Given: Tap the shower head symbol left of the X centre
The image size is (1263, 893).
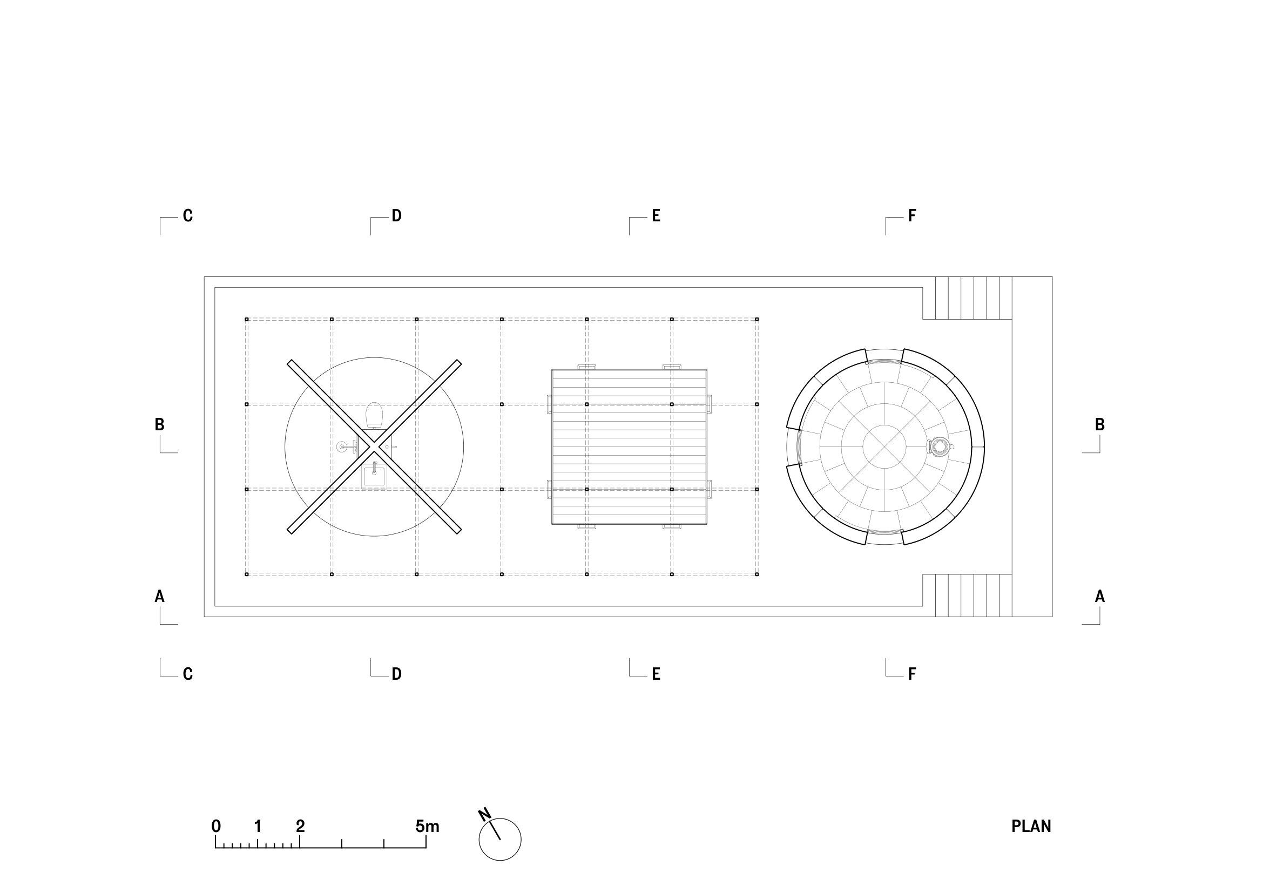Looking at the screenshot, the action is tap(343, 446).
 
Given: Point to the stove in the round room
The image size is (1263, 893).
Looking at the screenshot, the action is tap(939, 446).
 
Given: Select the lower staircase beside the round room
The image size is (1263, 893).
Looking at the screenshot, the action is tap(973, 596).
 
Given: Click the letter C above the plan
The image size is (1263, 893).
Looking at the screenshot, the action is tap(187, 216).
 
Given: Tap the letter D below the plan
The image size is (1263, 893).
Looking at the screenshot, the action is tap(397, 674).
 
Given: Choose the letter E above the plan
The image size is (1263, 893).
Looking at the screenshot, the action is tap(656, 216).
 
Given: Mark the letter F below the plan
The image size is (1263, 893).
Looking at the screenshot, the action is tap(912, 674).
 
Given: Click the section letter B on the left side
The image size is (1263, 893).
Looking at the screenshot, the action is tap(159, 424).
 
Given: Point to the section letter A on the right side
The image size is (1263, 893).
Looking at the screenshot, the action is tap(1099, 596).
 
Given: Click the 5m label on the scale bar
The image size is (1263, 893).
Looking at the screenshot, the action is tap(428, 827).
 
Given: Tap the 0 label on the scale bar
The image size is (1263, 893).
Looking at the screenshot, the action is tap(216, 827).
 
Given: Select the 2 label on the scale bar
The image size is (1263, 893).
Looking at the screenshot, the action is tap(300, 827).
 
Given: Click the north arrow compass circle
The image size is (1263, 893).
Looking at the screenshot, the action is tap(500, 840).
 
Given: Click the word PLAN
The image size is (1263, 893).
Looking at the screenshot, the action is tap(1031, 827).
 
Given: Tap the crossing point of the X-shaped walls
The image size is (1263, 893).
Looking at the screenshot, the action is tap(374, 446).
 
